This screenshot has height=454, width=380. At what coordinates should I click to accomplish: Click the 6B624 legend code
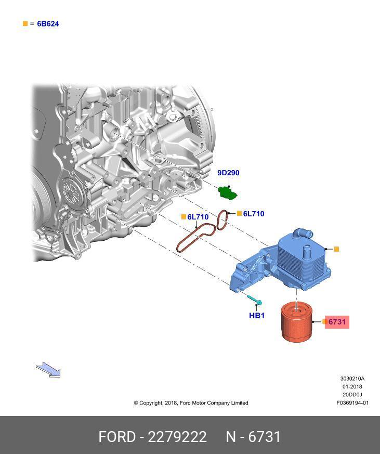point(48,24)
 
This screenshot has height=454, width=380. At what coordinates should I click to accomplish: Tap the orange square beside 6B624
point(25,24)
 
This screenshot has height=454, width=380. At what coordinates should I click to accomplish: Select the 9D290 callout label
point(228,173)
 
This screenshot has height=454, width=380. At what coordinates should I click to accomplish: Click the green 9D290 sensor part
point(227,192)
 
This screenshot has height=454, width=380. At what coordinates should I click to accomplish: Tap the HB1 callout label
point(257,315)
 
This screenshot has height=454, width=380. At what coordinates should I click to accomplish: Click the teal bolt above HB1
point(255,300)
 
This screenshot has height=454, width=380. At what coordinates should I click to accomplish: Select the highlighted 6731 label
point(337,322)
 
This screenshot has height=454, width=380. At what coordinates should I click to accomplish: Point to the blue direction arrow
point(48,370)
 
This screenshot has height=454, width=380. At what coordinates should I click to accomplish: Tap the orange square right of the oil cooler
point(336,250)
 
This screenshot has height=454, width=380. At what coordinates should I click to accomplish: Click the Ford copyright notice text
point(191,403)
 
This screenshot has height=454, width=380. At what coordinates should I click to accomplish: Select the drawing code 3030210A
point(352,379)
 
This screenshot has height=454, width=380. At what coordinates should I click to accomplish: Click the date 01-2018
point(352,386)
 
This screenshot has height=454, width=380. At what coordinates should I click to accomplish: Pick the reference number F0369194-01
point(352,403)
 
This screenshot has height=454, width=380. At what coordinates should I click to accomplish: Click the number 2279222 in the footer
point(177,437)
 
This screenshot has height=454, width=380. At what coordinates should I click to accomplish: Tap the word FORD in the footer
point(117,437)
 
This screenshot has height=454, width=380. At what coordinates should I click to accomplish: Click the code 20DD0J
point(352,395)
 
